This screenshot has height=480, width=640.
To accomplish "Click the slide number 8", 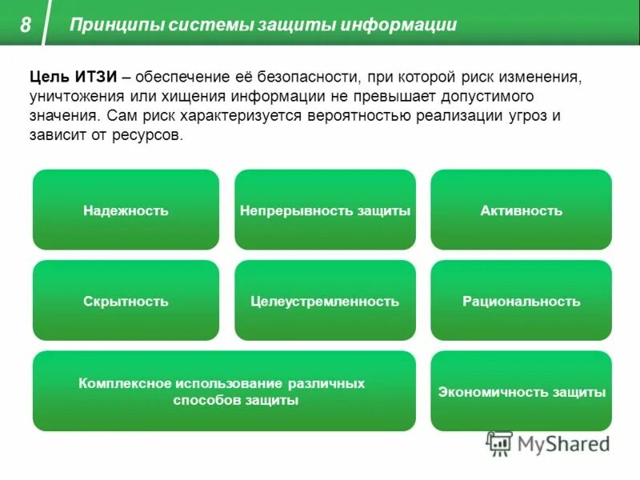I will (x=26, y=25).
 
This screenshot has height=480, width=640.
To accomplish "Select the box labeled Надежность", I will (x=126, y=210).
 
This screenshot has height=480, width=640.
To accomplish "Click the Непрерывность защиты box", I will (x=325, y=210).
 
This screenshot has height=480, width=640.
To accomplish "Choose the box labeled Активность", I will (x=521, y=210).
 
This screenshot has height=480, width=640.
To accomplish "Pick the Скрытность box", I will (x=126, y=301).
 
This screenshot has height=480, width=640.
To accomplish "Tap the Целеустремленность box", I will (x=325, y=301).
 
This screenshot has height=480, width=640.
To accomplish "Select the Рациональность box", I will (x=521, y=301).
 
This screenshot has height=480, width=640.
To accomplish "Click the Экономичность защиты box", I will (x=521, y=391).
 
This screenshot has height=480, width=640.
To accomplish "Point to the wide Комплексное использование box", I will (x=224, y=391).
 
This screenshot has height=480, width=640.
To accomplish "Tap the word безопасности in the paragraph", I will (x=306, y=76).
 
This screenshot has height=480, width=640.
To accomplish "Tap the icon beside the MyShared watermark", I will (x=499, y=443).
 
